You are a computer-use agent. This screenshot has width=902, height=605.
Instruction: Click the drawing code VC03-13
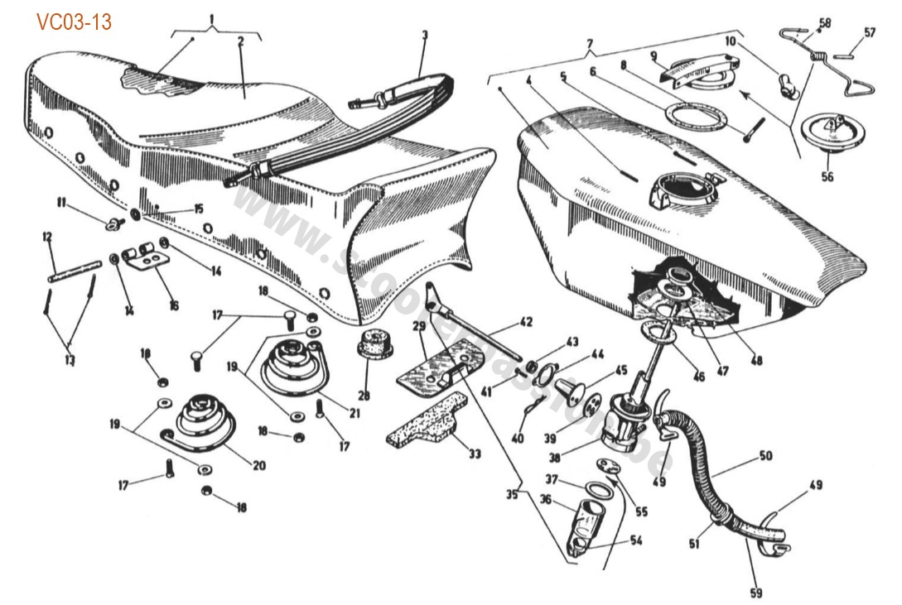click(74, 22)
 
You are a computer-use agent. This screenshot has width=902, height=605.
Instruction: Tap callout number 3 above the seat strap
click(424, 36)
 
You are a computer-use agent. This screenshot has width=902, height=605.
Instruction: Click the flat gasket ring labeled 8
click(696, 115)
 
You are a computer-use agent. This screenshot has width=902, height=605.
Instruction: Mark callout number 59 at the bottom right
click(755, 592)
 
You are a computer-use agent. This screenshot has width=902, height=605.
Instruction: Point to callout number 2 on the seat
click(241, 38)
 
